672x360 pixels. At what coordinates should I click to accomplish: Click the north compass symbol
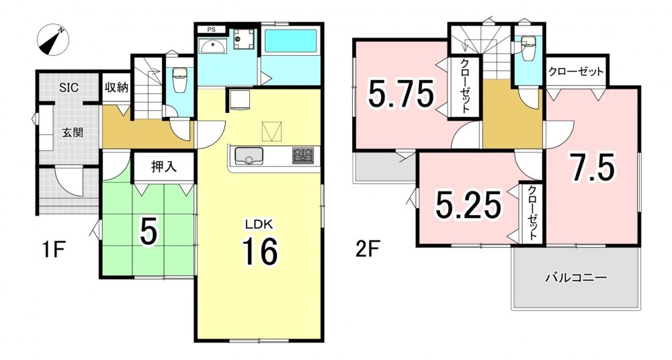[53, 40]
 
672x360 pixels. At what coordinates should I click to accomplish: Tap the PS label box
[212, 30]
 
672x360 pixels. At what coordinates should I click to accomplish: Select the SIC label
[69, 88]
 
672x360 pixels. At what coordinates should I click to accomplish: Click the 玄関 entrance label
[73, 132]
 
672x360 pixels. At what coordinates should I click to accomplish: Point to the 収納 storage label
[116, 88]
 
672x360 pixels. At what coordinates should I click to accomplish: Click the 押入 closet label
[164, 167]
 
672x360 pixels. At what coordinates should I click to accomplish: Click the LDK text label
[259, 223]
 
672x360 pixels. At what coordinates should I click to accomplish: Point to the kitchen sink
[248, 155]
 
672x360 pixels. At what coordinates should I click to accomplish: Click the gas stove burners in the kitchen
[303, 155]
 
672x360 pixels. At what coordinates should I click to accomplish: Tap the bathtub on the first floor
[290, 41]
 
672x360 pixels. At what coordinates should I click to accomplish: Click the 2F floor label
[368, 249]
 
